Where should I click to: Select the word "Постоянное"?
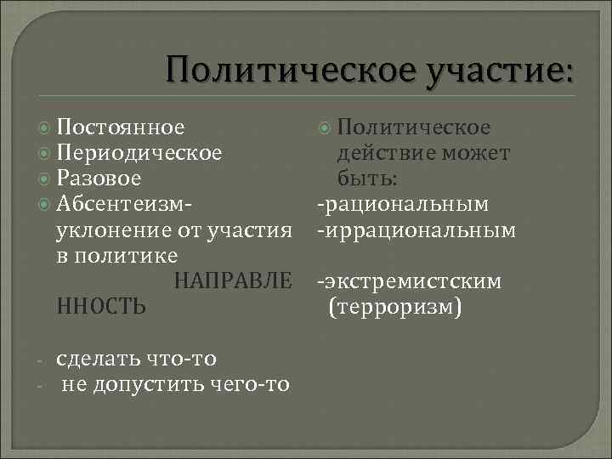click(x=120, y=128)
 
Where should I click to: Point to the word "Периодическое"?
click(x=140, y=154)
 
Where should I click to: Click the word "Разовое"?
click(x=99, y=179)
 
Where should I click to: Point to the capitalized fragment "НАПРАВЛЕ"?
click(x=233, y=280)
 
